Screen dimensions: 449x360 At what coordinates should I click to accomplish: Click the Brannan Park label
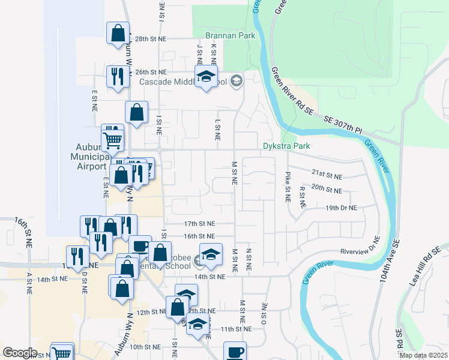pyautogui.click(x=230, y=35)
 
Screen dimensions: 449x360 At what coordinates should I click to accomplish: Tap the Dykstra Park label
pyautogui.click(x=286, y=146)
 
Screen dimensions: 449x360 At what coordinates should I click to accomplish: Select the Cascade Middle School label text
pyautogui.click(x=182, y=82)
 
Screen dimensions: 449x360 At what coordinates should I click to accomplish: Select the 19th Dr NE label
pyautogui.click(x=341, y=208)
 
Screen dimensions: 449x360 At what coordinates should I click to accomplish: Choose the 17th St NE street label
pyautogui.click(x=199, y=223)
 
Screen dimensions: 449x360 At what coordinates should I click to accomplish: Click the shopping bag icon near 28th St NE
pyautogui.click(x=118, y=33)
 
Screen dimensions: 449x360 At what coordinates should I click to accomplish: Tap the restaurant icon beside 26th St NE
pyautogui.click(x=117, y=76)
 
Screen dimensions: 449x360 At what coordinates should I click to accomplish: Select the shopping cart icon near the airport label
pyautogui.click(x=113, y=141)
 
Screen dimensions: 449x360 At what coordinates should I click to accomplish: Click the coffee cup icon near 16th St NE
pyautogui.click(x=140, y=246)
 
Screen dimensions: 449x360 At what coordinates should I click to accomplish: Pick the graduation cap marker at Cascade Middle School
pyautogui.click(x=206, y=76)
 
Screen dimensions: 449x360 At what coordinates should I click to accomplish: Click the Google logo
pyautogui.click(x=20, y=353)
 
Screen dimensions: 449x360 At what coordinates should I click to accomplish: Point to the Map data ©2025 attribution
pyautogui.click(x=423, y=355)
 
